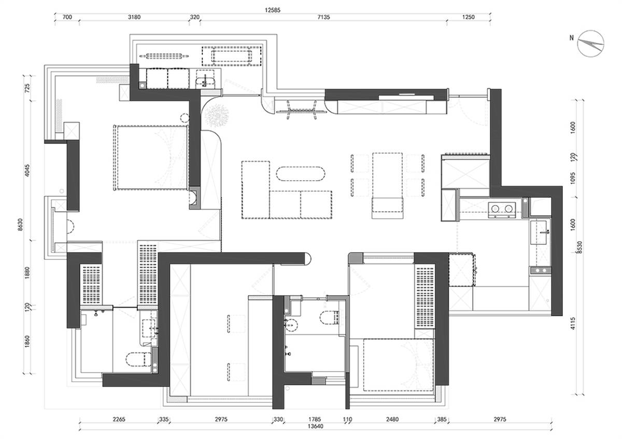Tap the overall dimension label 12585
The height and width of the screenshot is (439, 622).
273,10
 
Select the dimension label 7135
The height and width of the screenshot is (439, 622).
324,17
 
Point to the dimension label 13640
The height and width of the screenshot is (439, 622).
316,426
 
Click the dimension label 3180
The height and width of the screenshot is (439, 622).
134,17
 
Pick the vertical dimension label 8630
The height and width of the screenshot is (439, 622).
20,225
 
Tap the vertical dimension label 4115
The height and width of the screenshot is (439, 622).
573,324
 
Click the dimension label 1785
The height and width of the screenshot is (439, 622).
315,419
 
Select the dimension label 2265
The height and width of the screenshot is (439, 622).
119,419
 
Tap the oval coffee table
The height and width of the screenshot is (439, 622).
301,174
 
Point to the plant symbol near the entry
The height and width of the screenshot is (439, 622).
217,115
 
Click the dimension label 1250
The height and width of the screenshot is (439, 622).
469,17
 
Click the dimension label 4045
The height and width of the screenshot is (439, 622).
27,170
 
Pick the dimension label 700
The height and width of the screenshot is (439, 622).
67,17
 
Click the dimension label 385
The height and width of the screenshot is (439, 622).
442,419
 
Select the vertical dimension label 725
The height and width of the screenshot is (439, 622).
27,88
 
